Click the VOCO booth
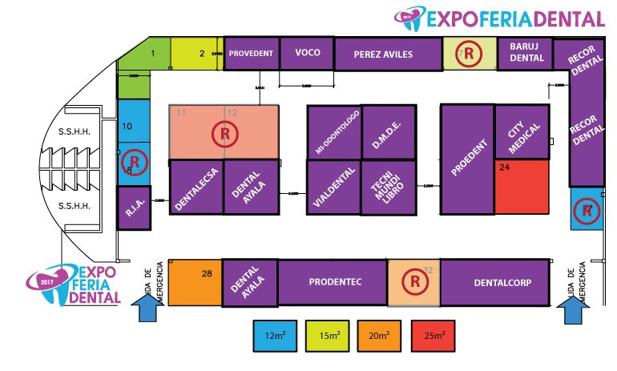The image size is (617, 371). pos(307,53)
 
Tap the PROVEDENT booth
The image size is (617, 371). pos(252,53)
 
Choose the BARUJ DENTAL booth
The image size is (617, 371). pos(526,53)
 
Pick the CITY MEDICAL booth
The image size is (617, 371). pos(521,132)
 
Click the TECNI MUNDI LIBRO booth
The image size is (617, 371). pos(388,188)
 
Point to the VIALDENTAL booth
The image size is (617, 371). pos(333,188)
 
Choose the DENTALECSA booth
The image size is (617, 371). pos(196,188)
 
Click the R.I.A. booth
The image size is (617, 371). pos(133,208)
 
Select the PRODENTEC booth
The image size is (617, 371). pos(332,282)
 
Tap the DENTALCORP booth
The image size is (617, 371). pos(495,282)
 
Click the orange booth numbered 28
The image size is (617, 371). pos(195,282)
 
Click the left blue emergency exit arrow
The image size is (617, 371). pos(146,308)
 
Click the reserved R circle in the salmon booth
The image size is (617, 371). pos(224,134)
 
